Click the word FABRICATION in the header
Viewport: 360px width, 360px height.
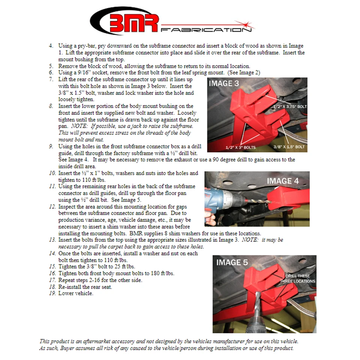(205, 29)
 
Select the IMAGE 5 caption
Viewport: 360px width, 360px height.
(232, 262)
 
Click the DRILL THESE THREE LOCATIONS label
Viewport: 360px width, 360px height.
(298, 279)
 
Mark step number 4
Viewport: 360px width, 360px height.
(51, 46)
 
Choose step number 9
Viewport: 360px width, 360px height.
(51, 147)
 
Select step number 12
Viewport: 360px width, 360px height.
(52, 207)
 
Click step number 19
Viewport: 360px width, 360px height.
(52, 293)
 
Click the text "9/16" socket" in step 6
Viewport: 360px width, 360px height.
(93, 72)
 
